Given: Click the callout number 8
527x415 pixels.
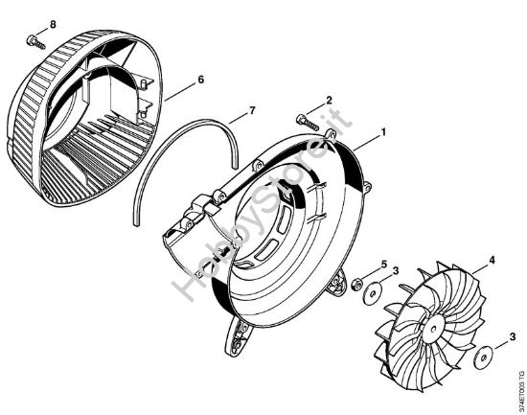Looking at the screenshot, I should point(26,22).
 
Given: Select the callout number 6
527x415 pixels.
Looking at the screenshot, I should point(200,79).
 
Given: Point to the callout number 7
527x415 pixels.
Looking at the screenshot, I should point(251,112).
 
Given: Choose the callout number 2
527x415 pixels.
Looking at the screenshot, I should point(329,101).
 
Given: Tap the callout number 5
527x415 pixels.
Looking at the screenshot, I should point(382,265).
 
